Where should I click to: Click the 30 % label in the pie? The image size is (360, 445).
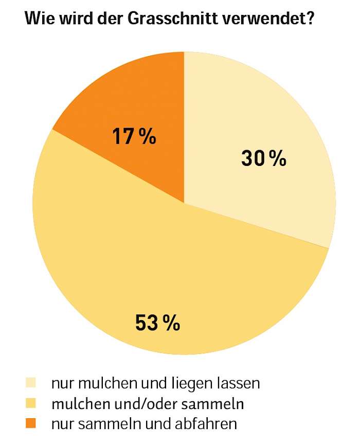coord(263,159)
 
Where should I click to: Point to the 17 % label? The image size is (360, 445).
coord(134,137)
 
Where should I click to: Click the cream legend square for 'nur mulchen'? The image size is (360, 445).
coord(31,383)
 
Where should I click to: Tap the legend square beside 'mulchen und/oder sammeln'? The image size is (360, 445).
coord(31,403)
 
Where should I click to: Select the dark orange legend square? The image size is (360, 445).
coord(31,424)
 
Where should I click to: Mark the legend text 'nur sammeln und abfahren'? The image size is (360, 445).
coord(143,424)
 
